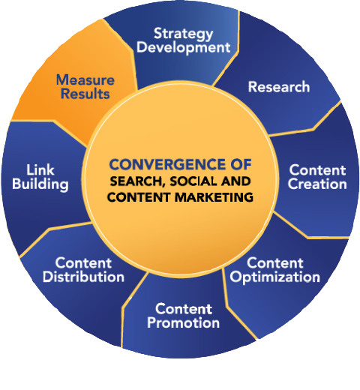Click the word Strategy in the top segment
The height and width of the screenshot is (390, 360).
[183, 34]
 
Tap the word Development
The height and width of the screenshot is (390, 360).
[183, 47]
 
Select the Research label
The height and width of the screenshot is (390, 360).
[279, 87]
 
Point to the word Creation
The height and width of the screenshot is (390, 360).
[317, 184]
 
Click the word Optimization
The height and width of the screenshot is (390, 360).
[275, 277]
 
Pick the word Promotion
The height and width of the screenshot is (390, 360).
[183, 322]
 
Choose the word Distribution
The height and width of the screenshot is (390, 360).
[83, 277]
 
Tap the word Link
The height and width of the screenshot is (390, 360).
[40, 170]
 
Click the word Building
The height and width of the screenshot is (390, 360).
[40, 184]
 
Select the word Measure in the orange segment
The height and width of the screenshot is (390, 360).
[85, 80]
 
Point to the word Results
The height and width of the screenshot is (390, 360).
[85, 94]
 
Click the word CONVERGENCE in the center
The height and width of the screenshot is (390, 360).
[163, 164]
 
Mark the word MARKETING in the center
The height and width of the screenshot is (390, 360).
[214, 197]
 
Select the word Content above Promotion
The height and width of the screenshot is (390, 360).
[184, 309]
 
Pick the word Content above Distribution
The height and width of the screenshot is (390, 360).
[83, 263]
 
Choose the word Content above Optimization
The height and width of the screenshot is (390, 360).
[275, 263]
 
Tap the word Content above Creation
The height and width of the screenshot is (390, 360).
[317, 170]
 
